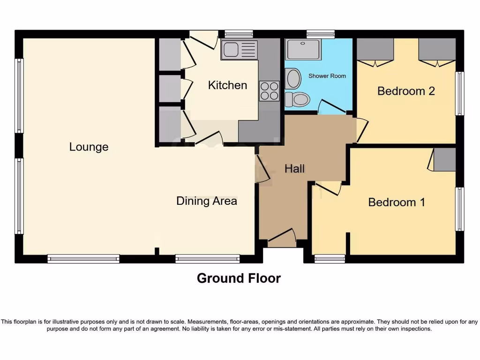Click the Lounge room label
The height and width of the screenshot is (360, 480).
[89, 147]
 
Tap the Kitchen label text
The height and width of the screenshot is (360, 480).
[227, 85]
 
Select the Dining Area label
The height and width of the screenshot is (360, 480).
[206, 201]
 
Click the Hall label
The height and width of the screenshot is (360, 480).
[294, 169]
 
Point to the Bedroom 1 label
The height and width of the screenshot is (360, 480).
[396, 202]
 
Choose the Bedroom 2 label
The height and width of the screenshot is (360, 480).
[406, 90]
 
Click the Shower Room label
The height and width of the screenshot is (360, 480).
[327, 76]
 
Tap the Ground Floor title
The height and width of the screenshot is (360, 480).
[239, 278]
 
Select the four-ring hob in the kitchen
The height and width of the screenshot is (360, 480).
[269, 90]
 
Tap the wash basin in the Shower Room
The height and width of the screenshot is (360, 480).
[293, 79]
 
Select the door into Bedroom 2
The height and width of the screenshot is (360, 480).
[361, 130]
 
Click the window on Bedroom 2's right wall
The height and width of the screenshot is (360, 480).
[460, 93]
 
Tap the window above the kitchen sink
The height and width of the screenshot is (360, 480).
[239, 34]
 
